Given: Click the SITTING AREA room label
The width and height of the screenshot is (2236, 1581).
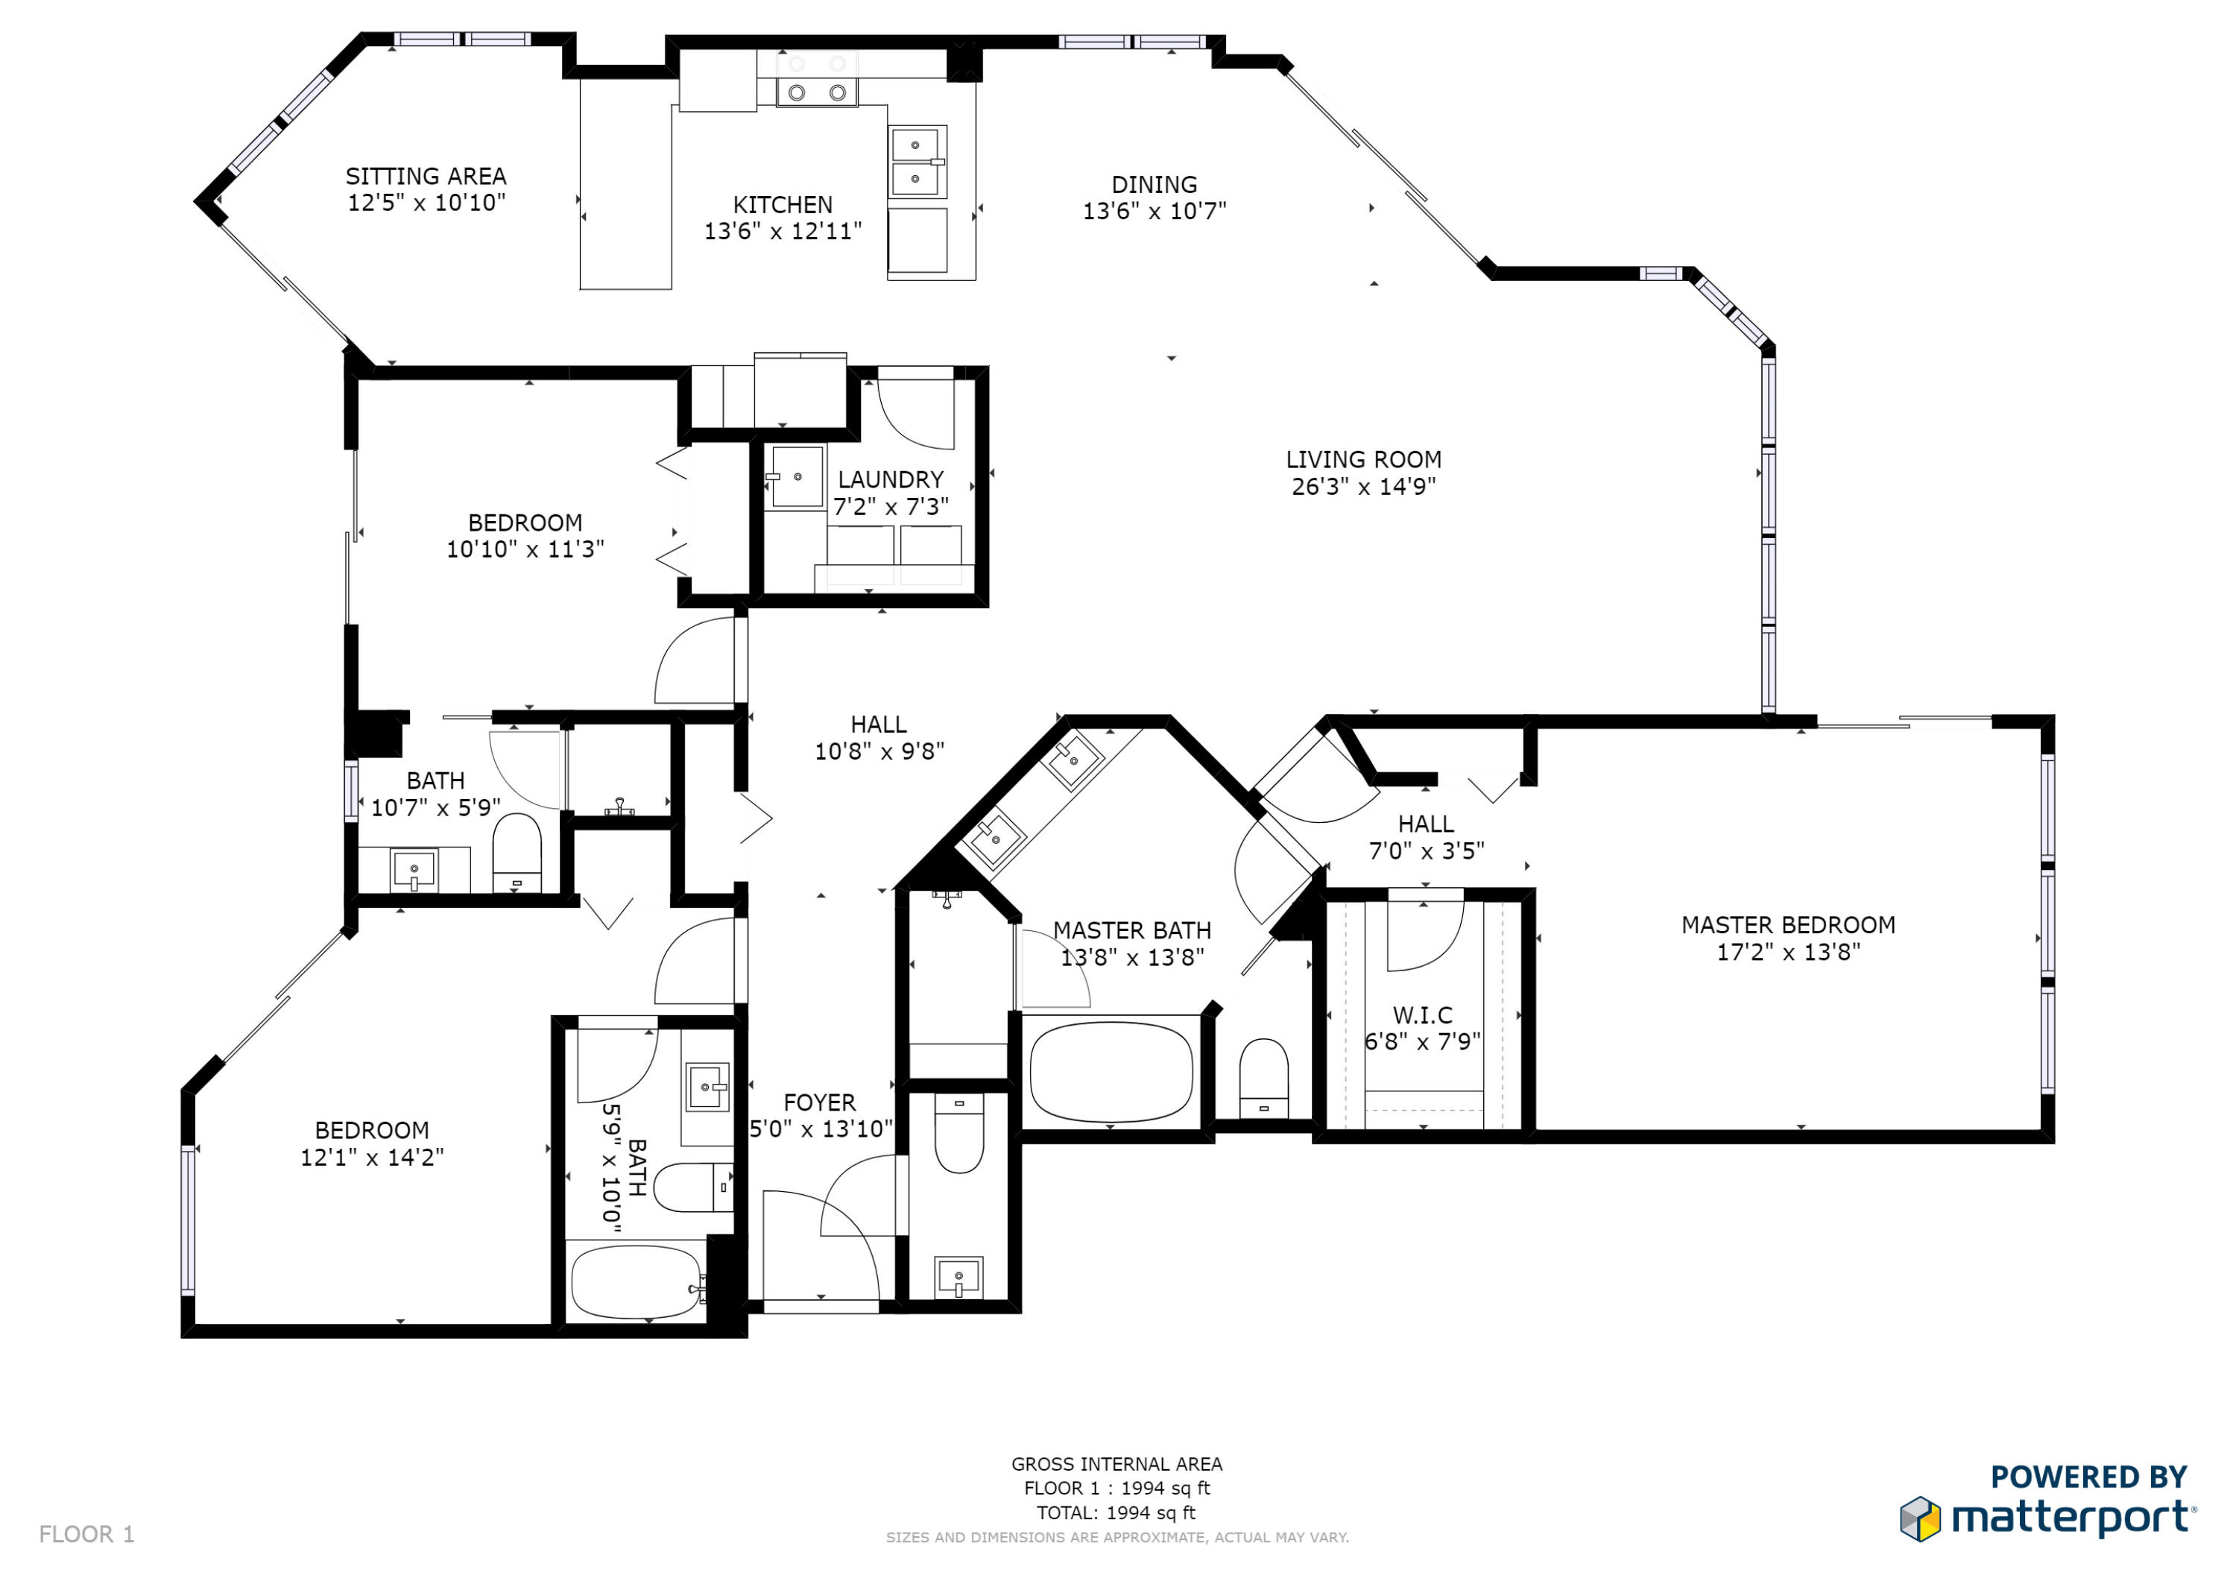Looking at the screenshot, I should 426,177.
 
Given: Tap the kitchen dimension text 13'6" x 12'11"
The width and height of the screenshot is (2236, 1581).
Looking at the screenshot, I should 783,231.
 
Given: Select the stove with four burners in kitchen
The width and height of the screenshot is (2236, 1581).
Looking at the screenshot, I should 816,78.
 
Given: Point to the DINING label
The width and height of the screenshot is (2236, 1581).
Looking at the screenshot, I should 1154,184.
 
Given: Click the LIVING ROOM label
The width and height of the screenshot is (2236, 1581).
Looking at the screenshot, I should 1363,460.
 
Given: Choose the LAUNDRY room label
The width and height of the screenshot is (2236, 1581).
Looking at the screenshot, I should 890,479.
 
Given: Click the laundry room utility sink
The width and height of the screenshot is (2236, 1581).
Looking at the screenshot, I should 797,477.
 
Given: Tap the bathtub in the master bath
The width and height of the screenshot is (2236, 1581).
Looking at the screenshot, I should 1111,1072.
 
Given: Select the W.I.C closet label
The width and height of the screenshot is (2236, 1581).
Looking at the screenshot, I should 1422,1015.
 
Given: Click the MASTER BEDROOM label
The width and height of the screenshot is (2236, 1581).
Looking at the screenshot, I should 1788,925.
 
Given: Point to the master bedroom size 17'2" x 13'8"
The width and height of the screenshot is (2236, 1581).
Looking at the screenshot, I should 1788,952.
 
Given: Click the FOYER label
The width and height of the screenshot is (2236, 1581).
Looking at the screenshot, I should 819,1102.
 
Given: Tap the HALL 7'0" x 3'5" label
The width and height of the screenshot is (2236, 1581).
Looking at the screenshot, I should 1426,837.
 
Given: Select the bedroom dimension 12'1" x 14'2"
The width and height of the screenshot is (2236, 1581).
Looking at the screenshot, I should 372,1158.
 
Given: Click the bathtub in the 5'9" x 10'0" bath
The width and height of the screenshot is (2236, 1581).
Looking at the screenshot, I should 635,1282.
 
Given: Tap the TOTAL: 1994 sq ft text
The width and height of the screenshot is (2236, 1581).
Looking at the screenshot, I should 1116,1513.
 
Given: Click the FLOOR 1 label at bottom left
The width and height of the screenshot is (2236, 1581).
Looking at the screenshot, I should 86,1534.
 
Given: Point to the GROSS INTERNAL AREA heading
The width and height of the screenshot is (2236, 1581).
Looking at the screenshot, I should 1116,1464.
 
